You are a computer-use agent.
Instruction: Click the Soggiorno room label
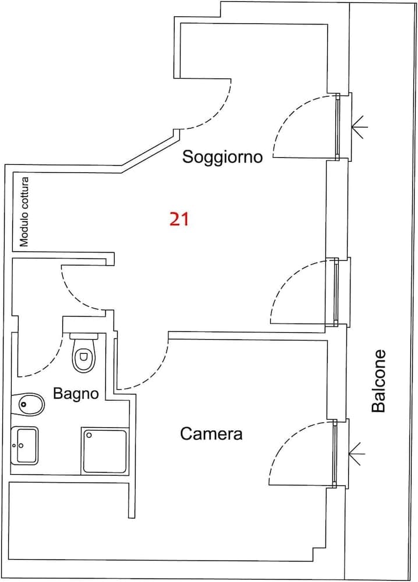point(222,157)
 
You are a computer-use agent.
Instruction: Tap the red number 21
point(179,219)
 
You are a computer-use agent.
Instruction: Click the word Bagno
point(76,393)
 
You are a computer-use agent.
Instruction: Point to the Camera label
point(211,434)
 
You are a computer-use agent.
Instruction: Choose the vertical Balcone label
point(379,381)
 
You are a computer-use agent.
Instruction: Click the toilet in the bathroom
point(83,356)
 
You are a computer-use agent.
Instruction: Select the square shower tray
point(105,450)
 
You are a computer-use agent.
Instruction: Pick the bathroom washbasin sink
point(24,445)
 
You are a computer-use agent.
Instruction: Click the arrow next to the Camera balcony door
point(356,450)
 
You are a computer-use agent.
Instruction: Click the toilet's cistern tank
point(85,336)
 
